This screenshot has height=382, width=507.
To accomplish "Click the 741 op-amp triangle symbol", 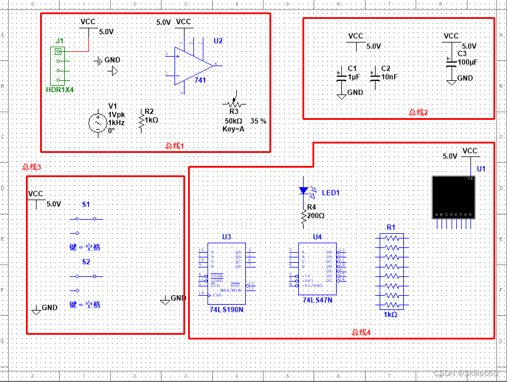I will coord(192,64).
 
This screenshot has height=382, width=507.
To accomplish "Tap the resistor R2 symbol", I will coord(140,120).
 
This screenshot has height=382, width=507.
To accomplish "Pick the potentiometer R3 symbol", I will coord(234,103).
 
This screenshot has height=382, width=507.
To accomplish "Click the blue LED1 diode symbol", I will coord(304,191).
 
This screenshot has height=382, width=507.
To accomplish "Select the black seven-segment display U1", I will coord(453,197).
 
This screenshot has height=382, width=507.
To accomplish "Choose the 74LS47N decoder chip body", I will coord(317,269).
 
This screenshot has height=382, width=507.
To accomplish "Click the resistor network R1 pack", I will coord(391,271).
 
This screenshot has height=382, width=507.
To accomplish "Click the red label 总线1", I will coord(175,145).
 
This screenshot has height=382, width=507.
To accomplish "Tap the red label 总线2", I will coord(418,112).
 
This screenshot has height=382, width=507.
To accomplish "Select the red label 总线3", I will coord(31,167).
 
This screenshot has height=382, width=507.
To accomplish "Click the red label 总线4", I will coord(361,332).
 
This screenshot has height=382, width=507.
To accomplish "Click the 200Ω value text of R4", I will coord(315,216).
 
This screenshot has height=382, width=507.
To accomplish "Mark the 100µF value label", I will coord(467,62).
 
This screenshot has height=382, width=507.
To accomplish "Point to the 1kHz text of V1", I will coord(116,122).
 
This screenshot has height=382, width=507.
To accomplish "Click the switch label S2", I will coord(86,261).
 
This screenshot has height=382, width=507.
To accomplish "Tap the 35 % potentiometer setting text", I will coord(258,121).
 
